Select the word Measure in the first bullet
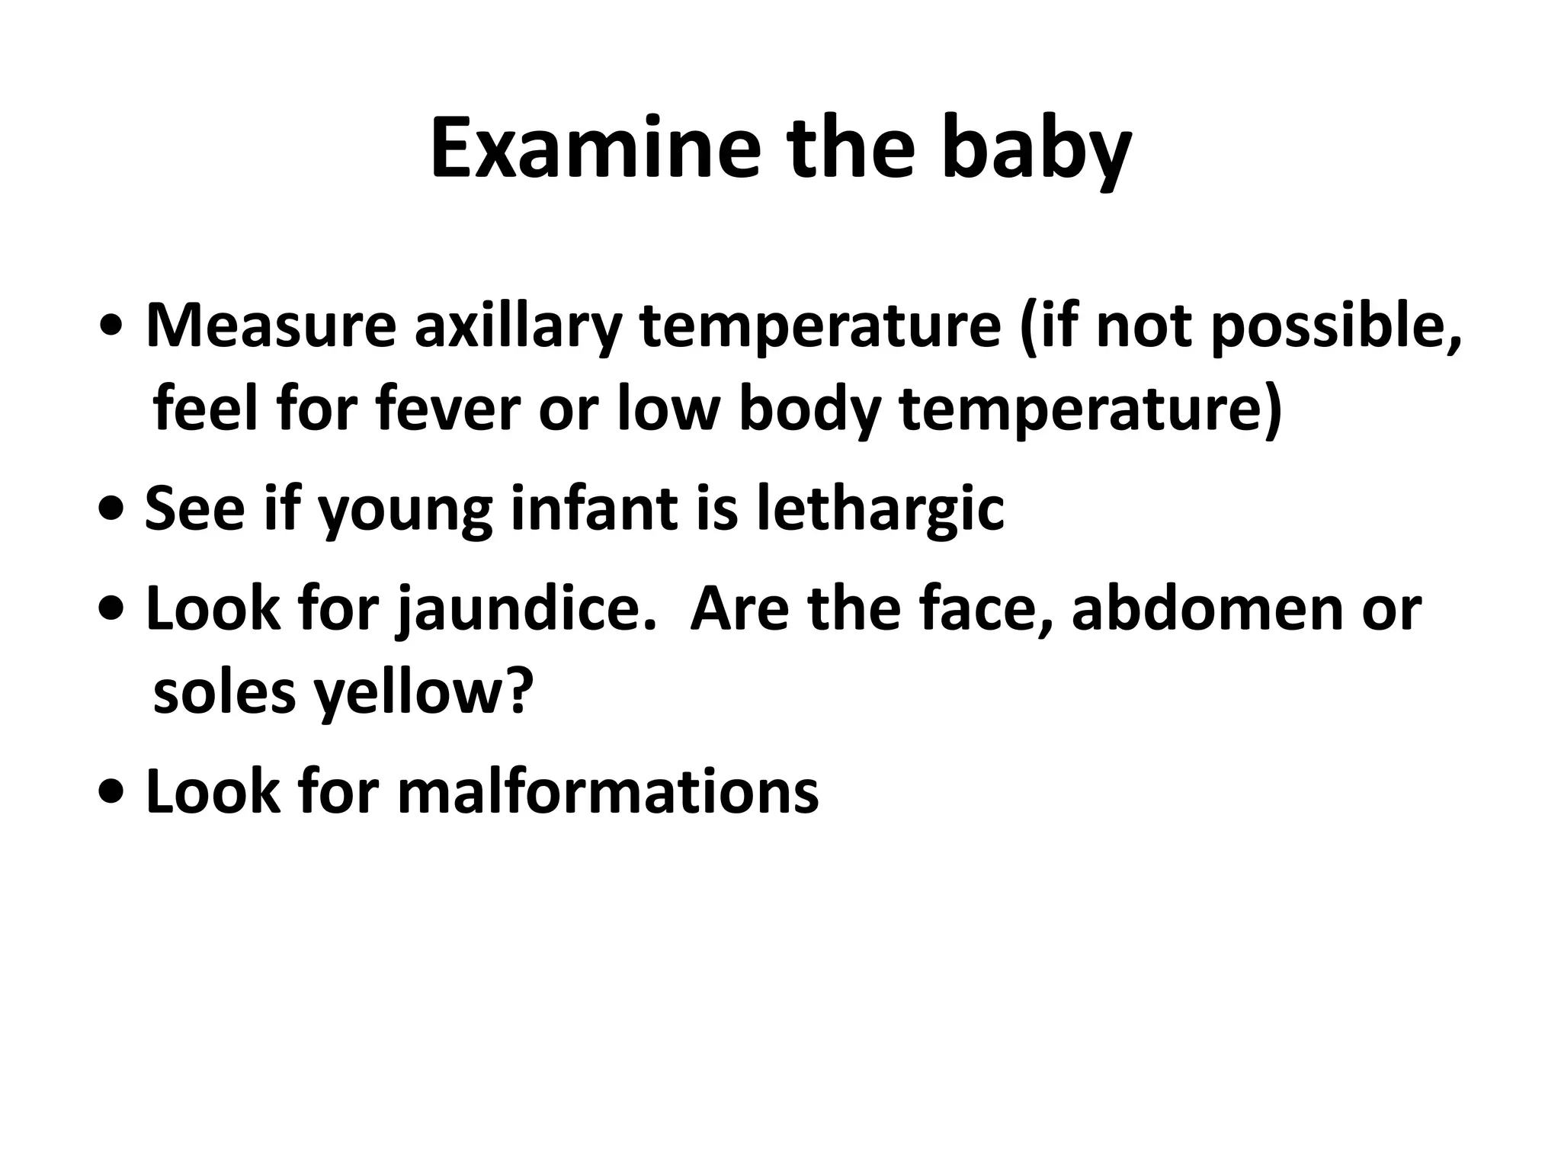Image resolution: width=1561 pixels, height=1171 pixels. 271,326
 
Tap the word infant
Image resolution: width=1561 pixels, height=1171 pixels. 594,509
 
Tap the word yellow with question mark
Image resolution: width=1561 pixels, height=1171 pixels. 424,694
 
